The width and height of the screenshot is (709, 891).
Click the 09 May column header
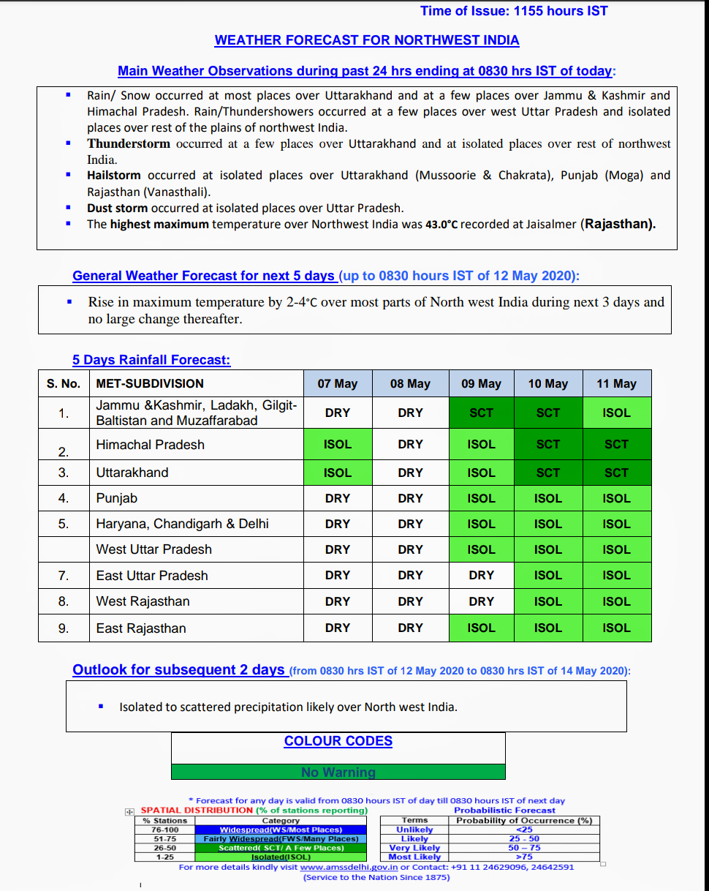[481, 383]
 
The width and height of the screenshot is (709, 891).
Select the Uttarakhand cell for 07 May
[338, 473]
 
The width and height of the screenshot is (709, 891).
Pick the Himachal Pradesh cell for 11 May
[616, 444]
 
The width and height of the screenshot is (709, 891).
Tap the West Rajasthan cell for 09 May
[481, 601]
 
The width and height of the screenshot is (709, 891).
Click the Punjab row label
[117, 498]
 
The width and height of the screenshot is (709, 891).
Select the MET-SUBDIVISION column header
[150, 383]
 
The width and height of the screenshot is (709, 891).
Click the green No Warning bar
[338, 772]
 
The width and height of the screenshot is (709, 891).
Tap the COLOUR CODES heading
[338, 741]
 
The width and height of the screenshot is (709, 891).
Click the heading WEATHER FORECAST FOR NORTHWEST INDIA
[367, 40]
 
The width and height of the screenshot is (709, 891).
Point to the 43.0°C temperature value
[441, 225]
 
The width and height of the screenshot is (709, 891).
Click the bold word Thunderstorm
[129, 143]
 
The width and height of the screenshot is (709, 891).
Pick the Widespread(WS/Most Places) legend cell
[281, 830]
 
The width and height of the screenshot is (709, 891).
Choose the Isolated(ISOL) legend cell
[281, 857]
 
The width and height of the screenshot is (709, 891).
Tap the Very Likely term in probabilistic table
[414, 848]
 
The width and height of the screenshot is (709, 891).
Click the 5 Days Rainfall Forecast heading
[151, 360]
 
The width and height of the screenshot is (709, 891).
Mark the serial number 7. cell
[64, 576]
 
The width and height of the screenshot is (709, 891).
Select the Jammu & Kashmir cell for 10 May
[548, 413]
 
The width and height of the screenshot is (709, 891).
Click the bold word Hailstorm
[114, 176]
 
